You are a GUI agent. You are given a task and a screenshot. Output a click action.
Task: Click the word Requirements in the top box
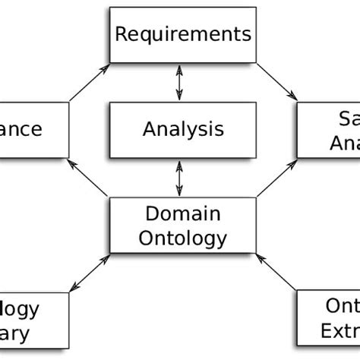182,34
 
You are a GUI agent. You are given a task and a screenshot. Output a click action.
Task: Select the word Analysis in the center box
183,128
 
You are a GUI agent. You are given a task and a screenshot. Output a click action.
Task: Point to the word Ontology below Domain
183,238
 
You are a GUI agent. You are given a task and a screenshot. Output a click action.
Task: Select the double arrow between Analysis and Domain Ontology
179,177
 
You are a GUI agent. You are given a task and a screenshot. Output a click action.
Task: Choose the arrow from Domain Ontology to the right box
275,178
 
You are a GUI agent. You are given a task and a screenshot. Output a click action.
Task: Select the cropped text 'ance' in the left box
21,128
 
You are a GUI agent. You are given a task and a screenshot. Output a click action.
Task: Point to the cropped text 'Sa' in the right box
346,118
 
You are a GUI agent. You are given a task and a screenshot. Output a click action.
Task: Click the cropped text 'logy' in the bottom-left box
21,309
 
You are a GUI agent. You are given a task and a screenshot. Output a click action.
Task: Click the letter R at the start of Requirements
121,34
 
